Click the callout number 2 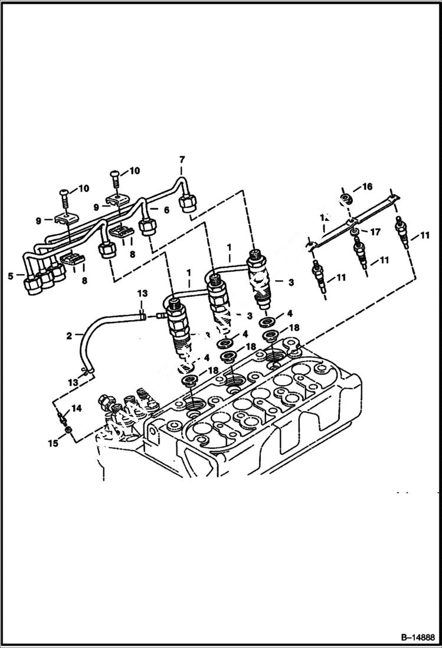coord(69,336)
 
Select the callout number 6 coord(166,210)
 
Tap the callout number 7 coord(182,159)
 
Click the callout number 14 coord(77,408)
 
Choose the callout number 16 coord(367,187)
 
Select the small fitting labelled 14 coord(62,419)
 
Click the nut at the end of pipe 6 coord(147,227)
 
